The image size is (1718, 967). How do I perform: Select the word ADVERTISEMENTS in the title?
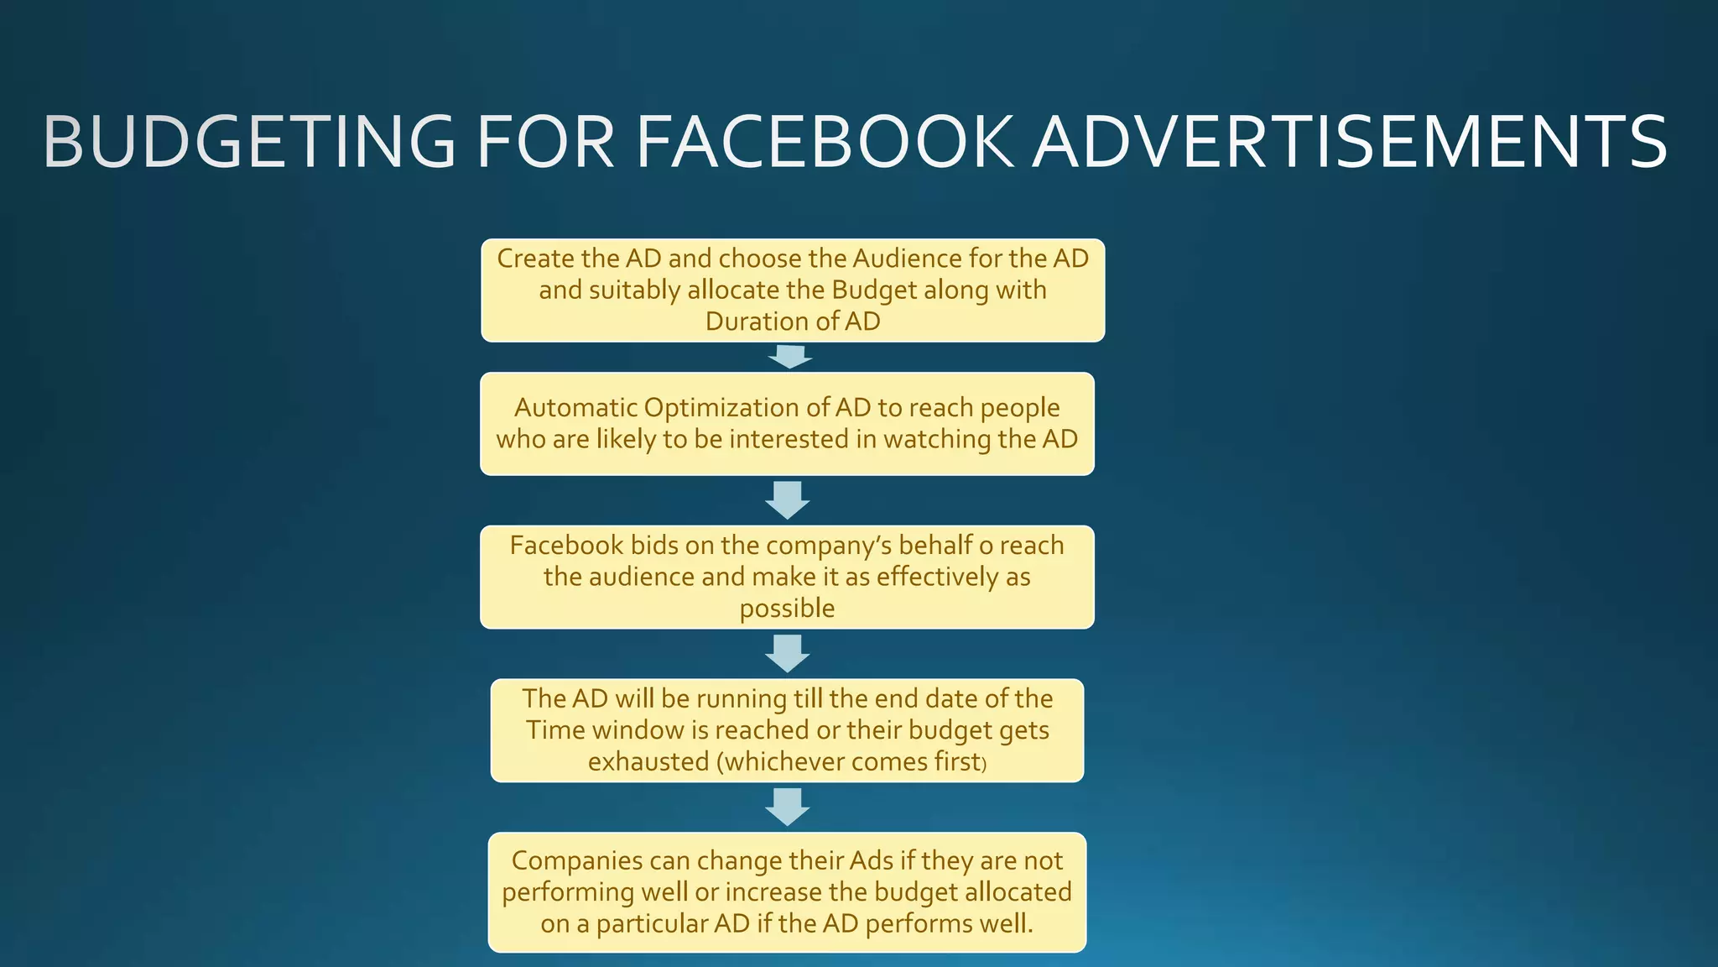point(1350,143)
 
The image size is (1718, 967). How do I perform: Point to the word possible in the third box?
point(787,609)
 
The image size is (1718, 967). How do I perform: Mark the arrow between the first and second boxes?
point(789,357)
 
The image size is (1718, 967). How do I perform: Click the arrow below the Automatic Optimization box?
point(788,499)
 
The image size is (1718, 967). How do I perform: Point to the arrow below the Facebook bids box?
point(788,653)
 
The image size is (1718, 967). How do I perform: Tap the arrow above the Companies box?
point(788,807)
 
